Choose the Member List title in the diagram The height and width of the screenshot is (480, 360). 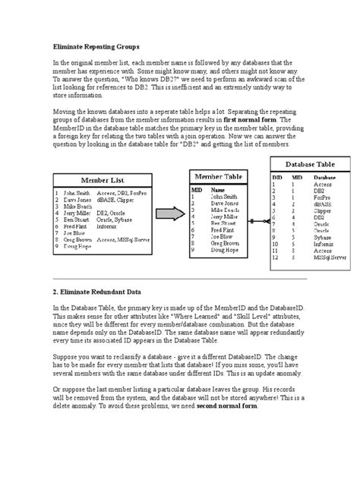pos(104,182)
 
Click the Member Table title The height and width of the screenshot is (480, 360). pos(221,176)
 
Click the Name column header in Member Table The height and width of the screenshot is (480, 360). pos(218,190)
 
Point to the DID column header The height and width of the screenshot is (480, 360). pos(277,177)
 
